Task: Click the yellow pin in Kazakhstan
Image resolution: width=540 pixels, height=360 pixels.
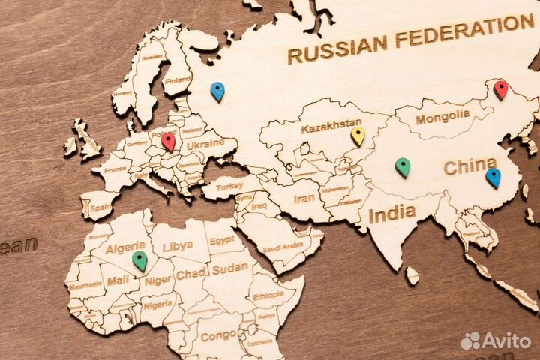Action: pos(358,135)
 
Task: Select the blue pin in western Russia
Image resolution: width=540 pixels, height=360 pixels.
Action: pos(217,91)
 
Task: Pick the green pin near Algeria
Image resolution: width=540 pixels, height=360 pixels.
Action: pos(139,259)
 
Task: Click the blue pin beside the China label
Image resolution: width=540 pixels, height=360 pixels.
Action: pos(493,177)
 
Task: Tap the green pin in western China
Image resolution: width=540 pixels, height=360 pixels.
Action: pos(403,166)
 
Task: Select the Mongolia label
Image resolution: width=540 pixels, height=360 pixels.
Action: pos(442,118)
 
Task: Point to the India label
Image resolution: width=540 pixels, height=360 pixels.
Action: pos(391,214)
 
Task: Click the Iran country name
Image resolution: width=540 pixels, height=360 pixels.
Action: pos(304,199)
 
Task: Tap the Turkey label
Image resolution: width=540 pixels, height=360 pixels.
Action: pos(229,186)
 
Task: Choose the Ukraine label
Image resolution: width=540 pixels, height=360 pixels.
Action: pos(204,143)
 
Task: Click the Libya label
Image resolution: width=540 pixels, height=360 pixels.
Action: pos(178,245)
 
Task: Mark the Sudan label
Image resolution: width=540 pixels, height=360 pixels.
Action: pos(229,268)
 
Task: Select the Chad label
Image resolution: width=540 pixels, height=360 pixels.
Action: pos(191,274)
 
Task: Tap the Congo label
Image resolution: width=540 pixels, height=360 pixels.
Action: pos(218,335)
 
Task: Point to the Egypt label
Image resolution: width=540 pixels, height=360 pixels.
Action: pos(222,241)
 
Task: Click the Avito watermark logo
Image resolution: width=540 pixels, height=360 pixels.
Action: pos(496,340)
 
